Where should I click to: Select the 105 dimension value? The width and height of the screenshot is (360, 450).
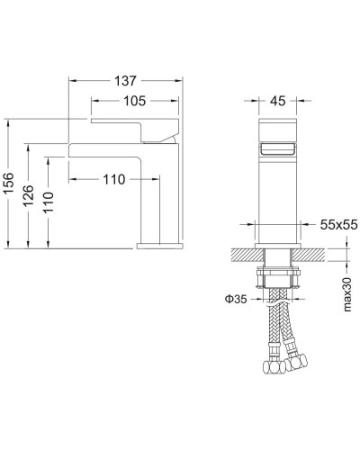pyautogui.click(x=135, y=100)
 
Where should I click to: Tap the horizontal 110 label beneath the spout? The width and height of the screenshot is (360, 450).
pyautogui.click(x=113, y=180)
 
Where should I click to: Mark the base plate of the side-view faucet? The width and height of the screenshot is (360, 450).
pyautogui.click(x=160, y=244)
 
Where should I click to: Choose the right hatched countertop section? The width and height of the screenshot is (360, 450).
pyautogui.click(x=315, y=255)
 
